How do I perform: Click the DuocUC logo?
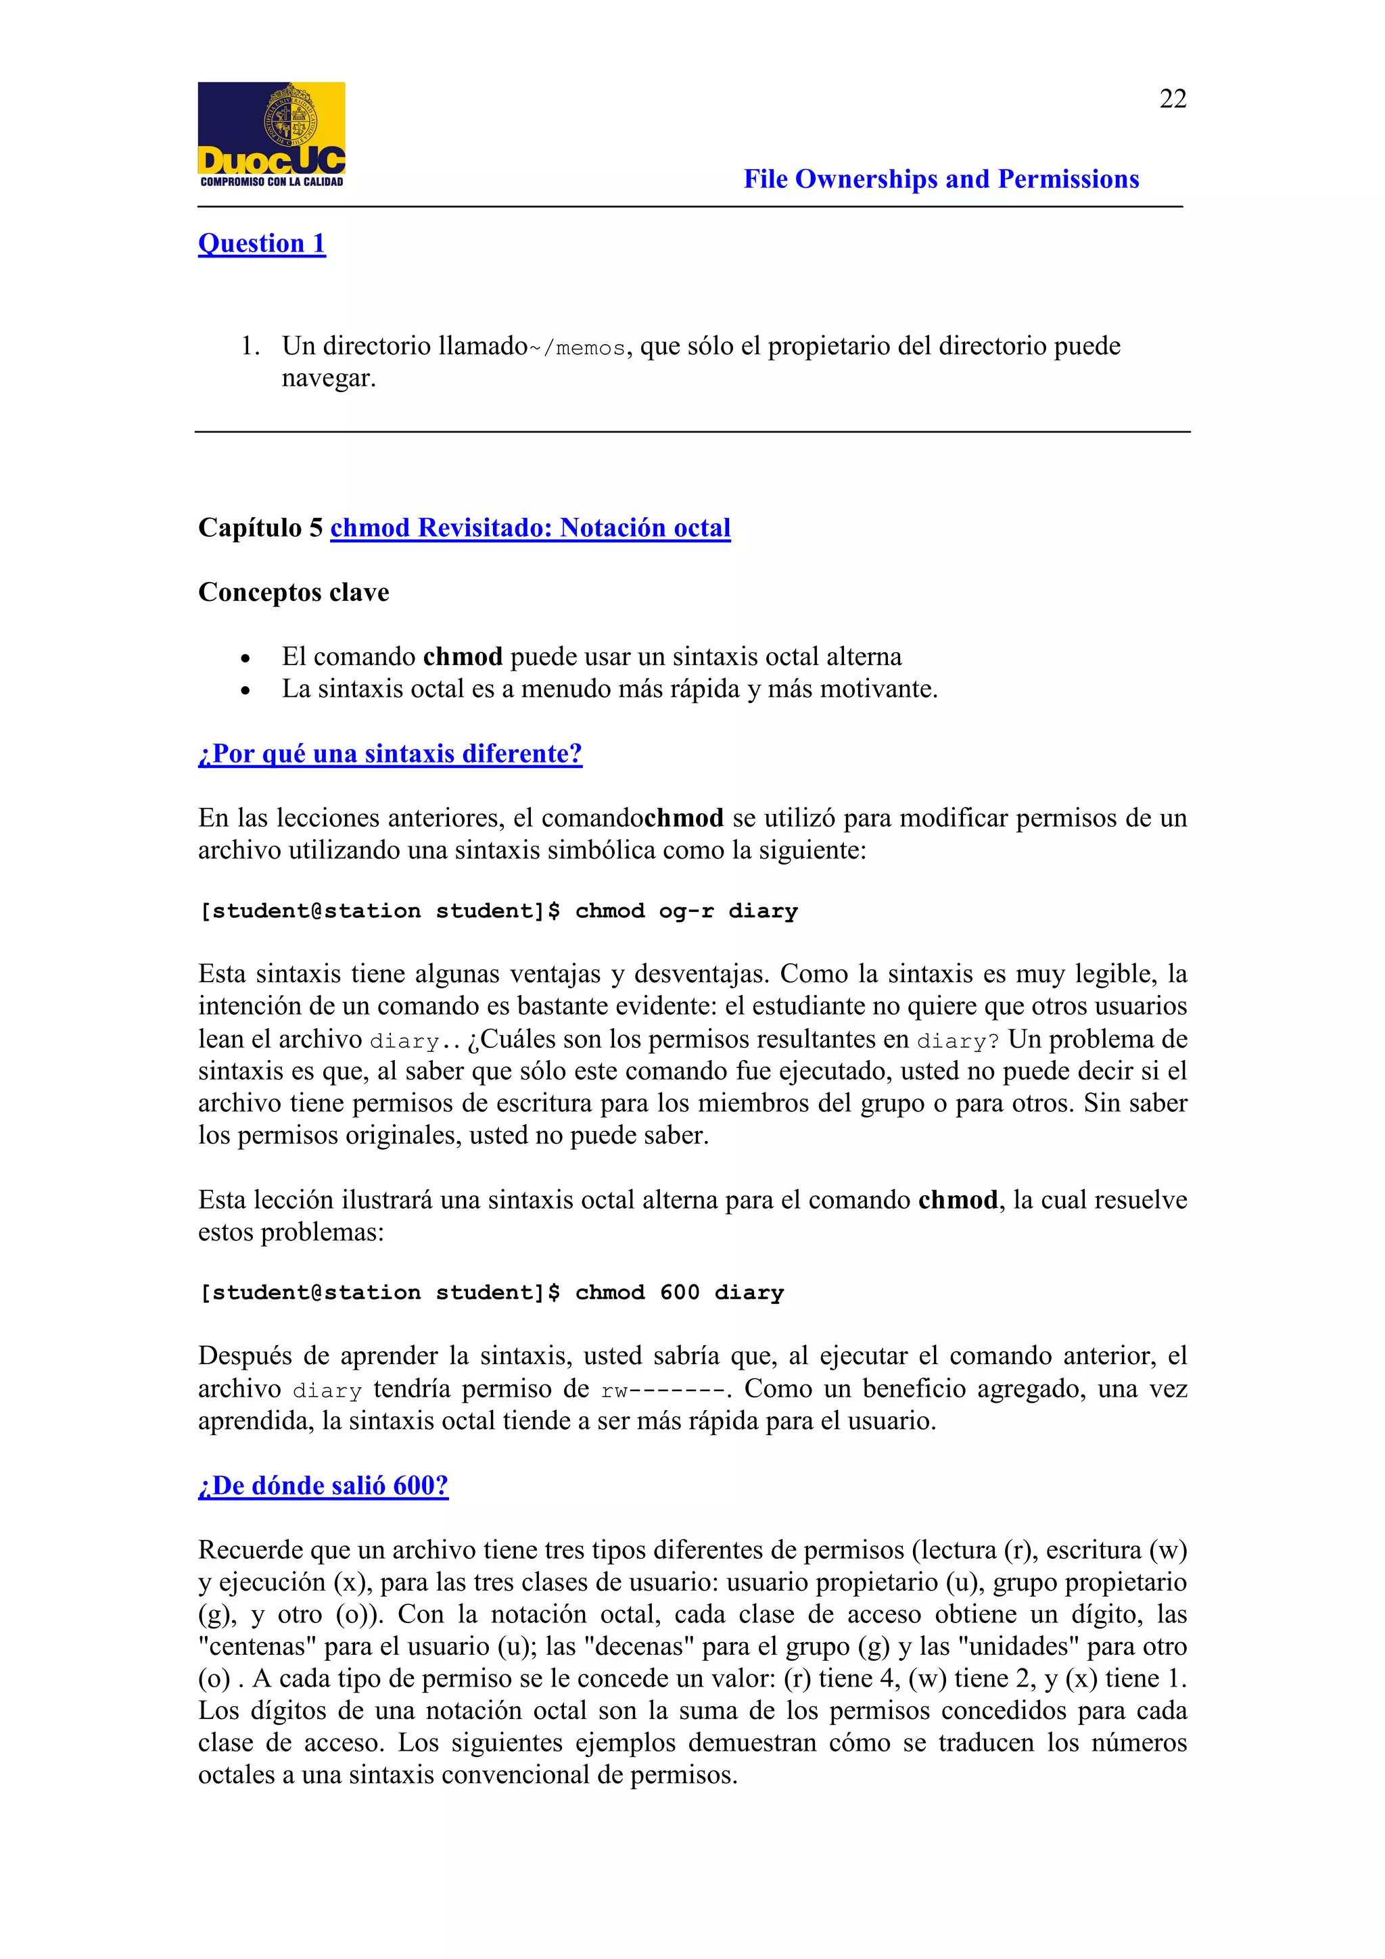[271, 134]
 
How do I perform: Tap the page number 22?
[1173, 99]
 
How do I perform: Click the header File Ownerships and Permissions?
[941, 179]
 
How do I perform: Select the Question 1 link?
[261, 244]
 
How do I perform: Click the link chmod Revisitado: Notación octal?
[530, 528]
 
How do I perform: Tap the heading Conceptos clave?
[294, 592]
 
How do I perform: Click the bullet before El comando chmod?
[245, 658]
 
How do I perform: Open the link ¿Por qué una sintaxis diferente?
[390, 754]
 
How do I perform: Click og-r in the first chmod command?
[685, 911]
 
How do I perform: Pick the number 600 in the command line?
[679, 1292]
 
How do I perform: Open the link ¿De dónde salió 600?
[323, 1486]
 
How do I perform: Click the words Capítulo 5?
[260, 528]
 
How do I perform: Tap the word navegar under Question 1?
[328, 378]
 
